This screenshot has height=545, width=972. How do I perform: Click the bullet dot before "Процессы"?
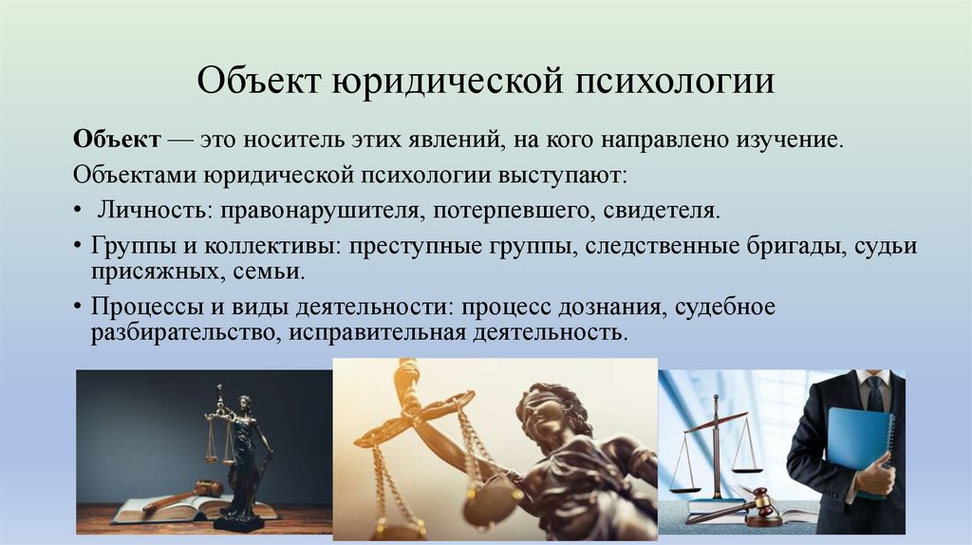click(x=77, y=309)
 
